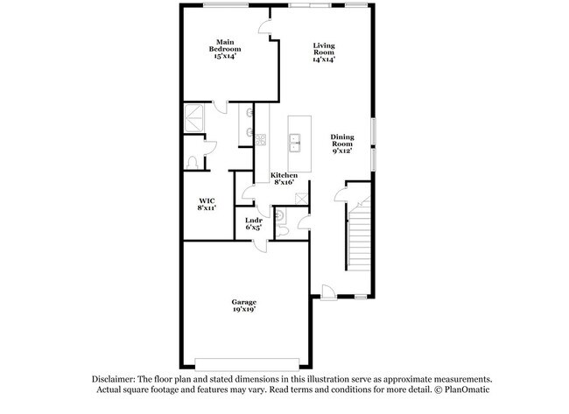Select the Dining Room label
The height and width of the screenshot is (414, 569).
point(341,140)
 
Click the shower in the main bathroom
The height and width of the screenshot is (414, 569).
point(193,116)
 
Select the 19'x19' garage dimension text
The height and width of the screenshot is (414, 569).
point(243,310)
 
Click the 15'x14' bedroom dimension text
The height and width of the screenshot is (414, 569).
point(225,56)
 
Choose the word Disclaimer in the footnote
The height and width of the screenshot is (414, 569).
point(117,379)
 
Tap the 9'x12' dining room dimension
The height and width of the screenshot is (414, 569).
point(341,151)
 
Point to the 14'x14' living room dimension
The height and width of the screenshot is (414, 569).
point(324,60)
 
